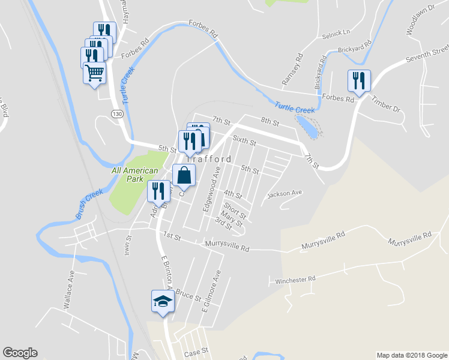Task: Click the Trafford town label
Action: [210, 159]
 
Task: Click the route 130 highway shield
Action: [116, 113]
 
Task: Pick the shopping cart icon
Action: [95, 73]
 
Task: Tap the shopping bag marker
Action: [184, 176]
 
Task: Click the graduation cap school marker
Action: [162, 301]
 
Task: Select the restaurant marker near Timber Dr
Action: [359, 81]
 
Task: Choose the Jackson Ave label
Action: [285, 193]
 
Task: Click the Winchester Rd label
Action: [295, 280]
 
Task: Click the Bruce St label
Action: [188, 296]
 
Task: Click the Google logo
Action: [20, 353]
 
